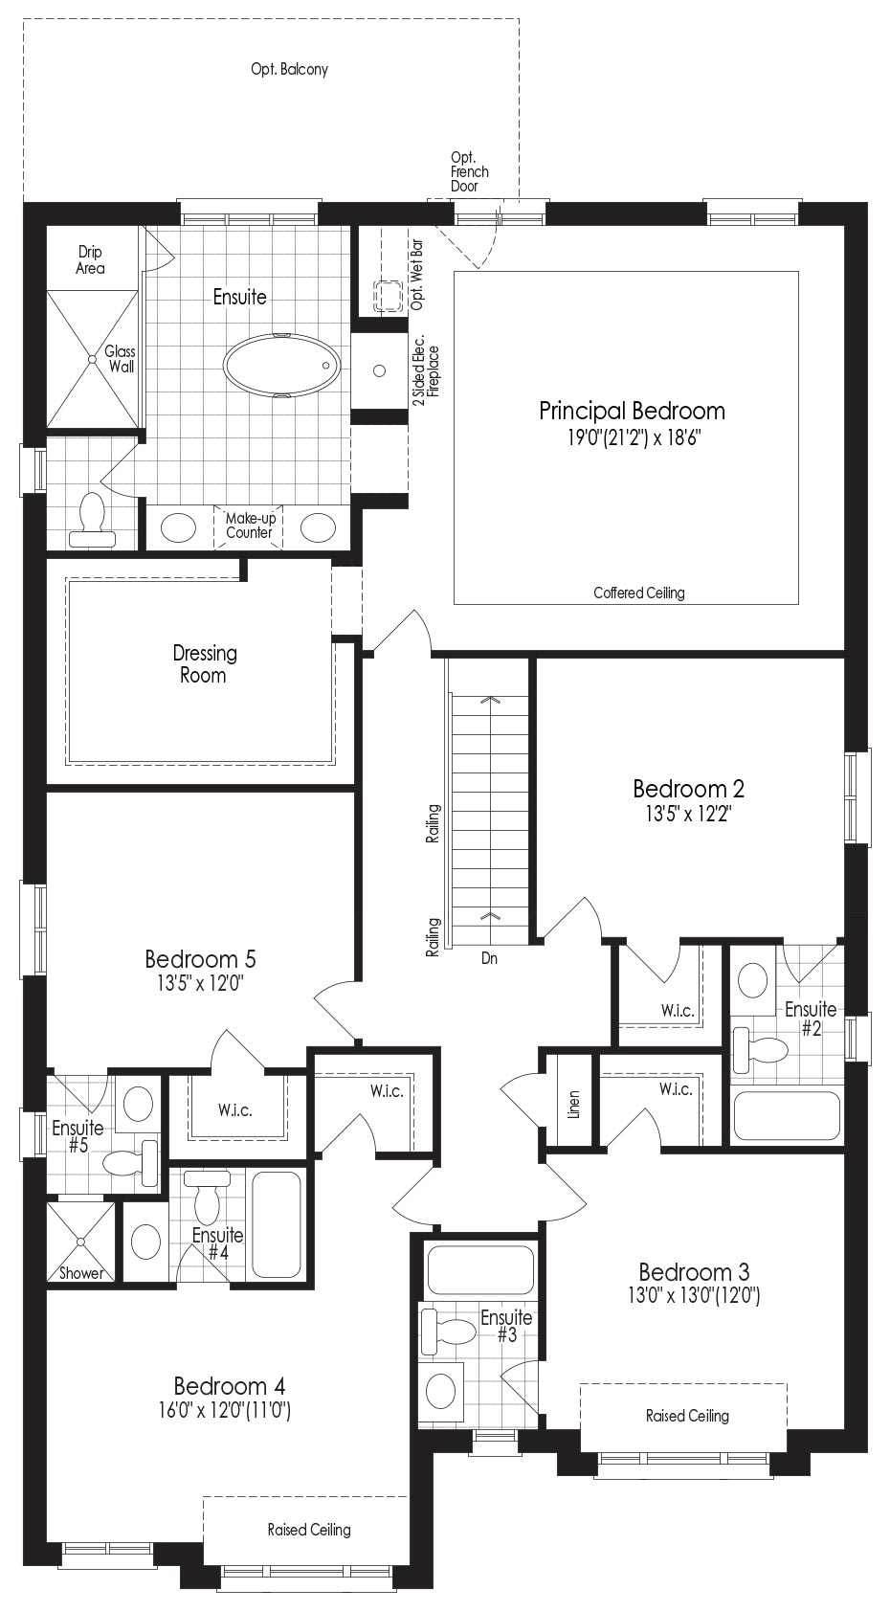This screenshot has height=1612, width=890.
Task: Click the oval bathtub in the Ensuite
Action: coord(280,365)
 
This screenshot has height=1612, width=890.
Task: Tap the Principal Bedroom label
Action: coord(632,411)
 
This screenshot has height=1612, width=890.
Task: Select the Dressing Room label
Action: coord(205,664)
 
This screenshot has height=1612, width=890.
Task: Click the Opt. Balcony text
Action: coord(289,69)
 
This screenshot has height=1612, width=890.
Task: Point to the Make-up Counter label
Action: coord(250,526)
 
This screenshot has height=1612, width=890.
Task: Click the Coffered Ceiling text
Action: coord(639,593)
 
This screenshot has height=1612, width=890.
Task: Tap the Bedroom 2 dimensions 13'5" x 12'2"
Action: coord(688,814)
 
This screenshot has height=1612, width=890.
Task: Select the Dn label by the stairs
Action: coord(489,958)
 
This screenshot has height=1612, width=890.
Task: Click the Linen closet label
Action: coord(573,1104)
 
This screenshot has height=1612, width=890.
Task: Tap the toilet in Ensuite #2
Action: coord(759,1045)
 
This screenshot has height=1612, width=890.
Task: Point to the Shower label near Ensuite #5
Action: coord(81,1273)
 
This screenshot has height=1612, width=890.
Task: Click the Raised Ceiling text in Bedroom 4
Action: coord(309,1530)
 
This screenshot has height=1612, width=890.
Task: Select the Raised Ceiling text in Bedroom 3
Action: coord(687,1416)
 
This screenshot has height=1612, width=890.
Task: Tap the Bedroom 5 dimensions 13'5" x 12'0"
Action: coord(200,983)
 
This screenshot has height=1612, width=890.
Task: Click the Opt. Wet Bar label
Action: coord(416,274)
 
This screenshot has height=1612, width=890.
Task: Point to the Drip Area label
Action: coord(90,259)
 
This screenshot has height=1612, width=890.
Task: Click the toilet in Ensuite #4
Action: coord(208,1196)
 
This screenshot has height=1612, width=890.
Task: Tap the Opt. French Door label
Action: coord(469,171)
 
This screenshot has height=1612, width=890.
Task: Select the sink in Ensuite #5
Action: coord(138,1102)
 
